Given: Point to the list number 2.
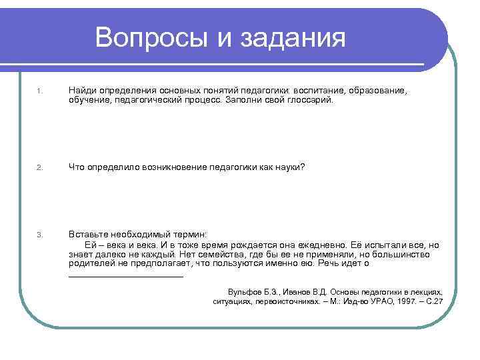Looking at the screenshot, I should tap(40, 167).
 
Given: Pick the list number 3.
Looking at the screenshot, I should tap(40, 235).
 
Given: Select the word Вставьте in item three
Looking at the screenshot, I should tap(90, 234).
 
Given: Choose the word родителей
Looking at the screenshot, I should tap(89, 263).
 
